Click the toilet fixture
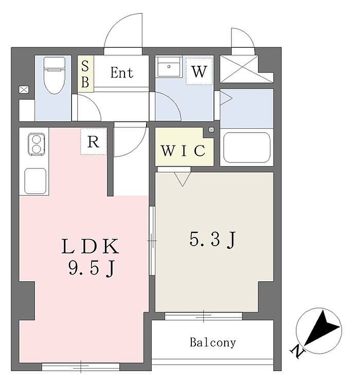point(53,75)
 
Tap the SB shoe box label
point(85,74)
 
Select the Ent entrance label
point(122,72)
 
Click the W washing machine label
point(199,72)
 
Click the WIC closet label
point(183,151)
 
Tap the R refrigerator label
point(93,142)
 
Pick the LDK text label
point(90,247)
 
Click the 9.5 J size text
point(90,269)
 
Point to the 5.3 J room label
point(212,240)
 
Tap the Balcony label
point(212,342)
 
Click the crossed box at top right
point(245,69)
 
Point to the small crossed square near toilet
point(24,89)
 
